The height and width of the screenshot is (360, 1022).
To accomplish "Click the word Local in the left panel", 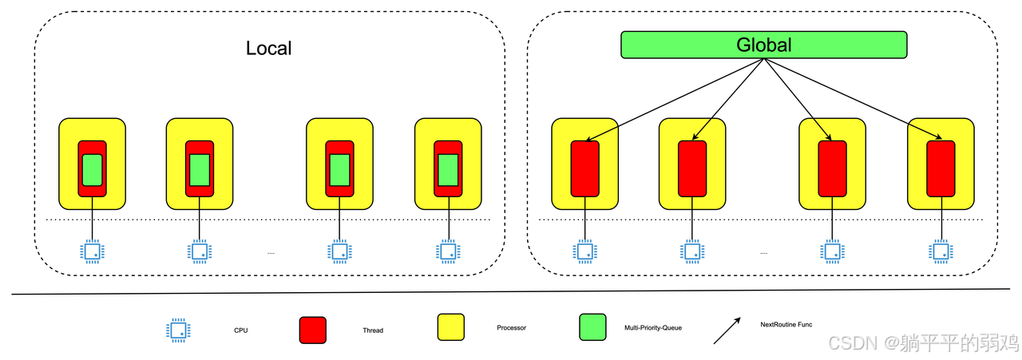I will [268, 48].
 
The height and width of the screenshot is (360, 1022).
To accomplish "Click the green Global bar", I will [763, 45].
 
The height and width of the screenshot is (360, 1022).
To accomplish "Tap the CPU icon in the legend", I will [178, 330].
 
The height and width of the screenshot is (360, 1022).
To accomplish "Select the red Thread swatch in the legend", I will [312, 330].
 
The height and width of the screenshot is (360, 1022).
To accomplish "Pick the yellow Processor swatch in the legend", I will [450, 327].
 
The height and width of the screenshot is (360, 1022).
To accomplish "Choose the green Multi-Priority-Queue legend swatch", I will [592, 327].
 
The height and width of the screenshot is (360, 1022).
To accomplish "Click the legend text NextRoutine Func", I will [786, 324].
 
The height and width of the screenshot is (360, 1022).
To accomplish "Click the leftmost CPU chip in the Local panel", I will [93, 251].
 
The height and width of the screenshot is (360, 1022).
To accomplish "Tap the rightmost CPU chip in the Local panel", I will [448, 251].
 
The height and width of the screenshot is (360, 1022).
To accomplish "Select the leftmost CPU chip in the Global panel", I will [585, 251].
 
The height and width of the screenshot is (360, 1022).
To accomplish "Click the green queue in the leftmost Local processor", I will [93, 170].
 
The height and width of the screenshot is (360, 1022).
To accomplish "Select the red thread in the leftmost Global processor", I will [585, 168].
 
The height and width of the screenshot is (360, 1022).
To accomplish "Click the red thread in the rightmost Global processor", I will [941, 168].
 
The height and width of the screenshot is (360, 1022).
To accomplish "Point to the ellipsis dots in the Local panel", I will [271, 253].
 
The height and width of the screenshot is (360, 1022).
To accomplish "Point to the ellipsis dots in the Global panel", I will [763, 253].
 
